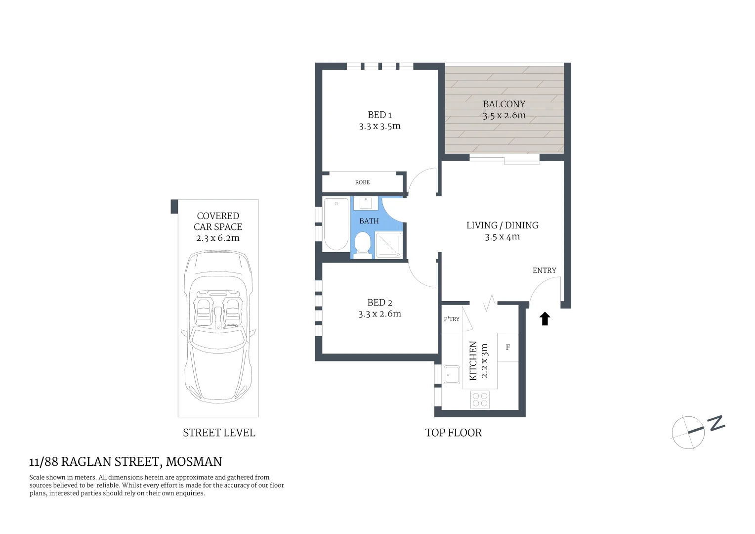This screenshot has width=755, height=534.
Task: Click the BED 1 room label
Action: click(379, 115)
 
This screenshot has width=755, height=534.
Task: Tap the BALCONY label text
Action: click(503, 104)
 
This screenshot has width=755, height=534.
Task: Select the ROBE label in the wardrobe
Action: click(362, 182)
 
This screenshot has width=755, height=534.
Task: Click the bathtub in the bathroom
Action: click(336, 224)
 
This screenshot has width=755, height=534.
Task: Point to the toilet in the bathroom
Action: click(363, 245)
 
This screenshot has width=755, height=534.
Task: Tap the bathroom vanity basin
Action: click(366, 203)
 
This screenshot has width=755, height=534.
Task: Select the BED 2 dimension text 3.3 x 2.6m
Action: click(379, 314)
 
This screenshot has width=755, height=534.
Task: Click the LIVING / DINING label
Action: click(502, 225)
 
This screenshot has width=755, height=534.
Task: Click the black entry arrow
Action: click(545, 319)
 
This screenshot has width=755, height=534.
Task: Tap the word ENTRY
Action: click(544, 270)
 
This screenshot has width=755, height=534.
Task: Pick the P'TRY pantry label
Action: click(451, 319)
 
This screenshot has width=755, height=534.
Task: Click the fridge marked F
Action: click(507, 348)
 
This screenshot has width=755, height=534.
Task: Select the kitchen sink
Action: click(452, 374)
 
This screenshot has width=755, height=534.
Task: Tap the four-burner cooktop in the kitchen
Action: click(480, 399)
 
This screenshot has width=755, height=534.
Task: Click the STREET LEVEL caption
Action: click(219, 433)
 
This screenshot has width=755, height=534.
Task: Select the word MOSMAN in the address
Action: click(194, 462)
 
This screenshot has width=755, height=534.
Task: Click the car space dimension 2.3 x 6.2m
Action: click(218, 238)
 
